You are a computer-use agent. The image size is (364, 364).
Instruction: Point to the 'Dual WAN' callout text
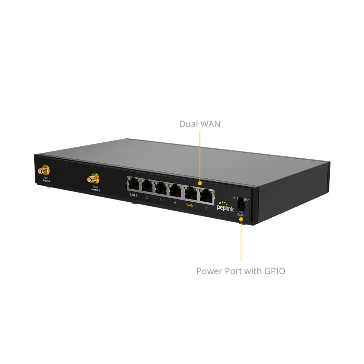[x=200, y=124]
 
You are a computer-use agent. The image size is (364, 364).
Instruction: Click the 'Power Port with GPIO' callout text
[x=241, y=271]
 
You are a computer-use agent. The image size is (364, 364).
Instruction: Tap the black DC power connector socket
[x=241, y=206]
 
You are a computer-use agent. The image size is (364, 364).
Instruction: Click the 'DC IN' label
[x=241, y=215]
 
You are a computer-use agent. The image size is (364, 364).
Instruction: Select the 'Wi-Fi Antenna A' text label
[x=47, y=179]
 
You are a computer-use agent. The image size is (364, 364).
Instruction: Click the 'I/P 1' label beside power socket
[x=235, y=198]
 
